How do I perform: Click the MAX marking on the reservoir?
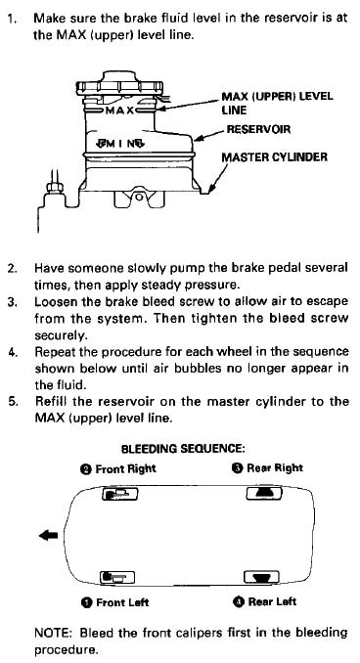[119, 110]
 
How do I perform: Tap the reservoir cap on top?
[119, 84]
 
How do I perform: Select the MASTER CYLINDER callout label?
[275, 157]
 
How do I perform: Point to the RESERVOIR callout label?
[258, 129]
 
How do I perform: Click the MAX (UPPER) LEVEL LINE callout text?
[277, 103]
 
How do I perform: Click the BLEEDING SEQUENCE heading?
[183, 449]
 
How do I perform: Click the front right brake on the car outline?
[120, 494]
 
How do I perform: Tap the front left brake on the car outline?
[117, 576]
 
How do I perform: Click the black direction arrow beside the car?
[49, 536]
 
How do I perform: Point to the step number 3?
[12, 302]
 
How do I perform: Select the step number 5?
[13, 401]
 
